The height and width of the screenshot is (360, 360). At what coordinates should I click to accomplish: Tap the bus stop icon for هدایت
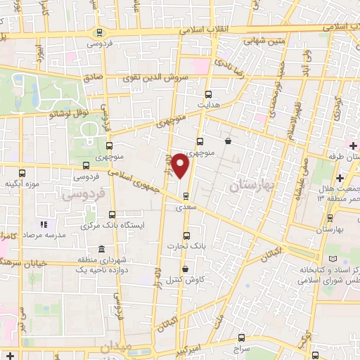[x=207, y=94]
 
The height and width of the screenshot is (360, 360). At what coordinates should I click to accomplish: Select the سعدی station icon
[x=186, y=195]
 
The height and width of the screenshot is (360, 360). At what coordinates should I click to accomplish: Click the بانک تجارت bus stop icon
[x=186, y=236]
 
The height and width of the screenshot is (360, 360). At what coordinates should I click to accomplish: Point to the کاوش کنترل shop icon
[x=185, y=269]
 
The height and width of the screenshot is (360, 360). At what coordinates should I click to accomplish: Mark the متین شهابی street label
[x=264, y=42]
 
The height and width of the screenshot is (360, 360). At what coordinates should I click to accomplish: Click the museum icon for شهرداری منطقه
[x=103, y=250]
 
